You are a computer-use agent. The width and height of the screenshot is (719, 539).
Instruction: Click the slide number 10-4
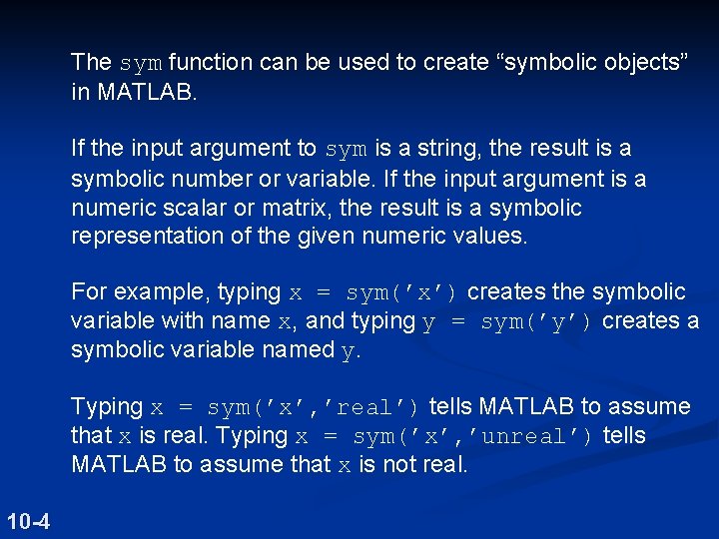click(30, 520)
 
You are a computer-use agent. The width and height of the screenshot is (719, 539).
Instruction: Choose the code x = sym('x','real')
click(289, 407)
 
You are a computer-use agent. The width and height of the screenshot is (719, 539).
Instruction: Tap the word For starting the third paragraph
click(90, 292)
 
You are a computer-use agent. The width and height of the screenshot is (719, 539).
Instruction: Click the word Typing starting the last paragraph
click(107, 407)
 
